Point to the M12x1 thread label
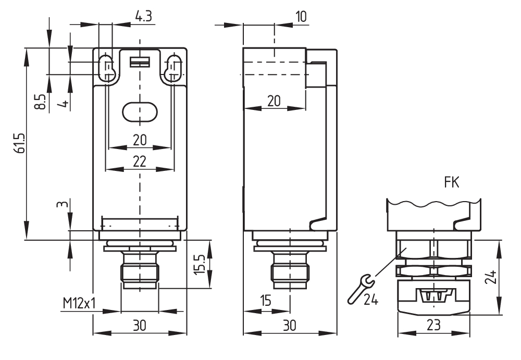pyautogui.click(x=80, y=303)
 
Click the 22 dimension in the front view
pyautogui.click(x=139, y=162)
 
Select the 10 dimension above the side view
pyautogui.click(x=301, y=17)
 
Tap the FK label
pyautogui.click(x=451, y=183)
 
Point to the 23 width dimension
pyautogui.click(x=433, y=325)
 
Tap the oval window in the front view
pyautogui.click(x=139, y=111)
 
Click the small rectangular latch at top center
pyautogui.click(x=139, y=62)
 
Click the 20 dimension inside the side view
pyautogui.click(x=274, y=101)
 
